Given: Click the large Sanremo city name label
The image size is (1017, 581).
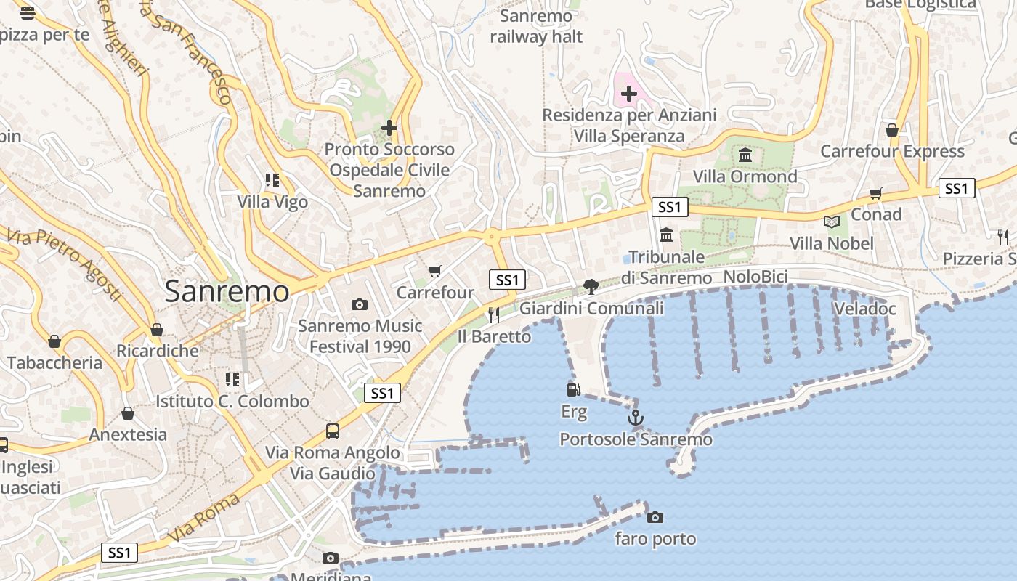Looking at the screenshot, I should tap(227, 292).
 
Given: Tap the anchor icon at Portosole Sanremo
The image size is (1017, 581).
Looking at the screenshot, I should tap(636, 418).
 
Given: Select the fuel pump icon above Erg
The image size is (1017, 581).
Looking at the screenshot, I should tap(574, 390).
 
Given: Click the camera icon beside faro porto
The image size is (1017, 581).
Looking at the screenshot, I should tap(655, 517).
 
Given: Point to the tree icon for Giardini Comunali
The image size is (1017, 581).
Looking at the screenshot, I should tap(591, 287).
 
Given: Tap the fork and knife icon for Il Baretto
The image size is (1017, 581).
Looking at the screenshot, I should tap(494, 314).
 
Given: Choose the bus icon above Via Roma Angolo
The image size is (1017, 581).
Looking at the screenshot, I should tap(333, 431).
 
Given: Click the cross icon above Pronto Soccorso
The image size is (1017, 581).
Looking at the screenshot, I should tap(389, 129).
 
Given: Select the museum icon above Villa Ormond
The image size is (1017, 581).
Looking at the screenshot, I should tap(745, 155).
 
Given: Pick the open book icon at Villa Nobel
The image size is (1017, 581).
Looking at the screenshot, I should tap(832, 222).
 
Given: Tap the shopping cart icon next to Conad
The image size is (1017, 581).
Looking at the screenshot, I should tap(876, 193).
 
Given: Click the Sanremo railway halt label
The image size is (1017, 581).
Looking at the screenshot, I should tap(536, 26).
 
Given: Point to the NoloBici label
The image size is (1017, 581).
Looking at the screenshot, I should tap(755, 277).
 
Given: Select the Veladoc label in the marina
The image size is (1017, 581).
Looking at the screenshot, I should tap(864, 309).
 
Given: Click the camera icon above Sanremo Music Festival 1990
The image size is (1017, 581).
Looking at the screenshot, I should tap(359, 305).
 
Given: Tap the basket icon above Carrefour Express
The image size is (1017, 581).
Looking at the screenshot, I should tap(892, 130).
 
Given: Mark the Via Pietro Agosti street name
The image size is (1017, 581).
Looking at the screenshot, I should tap(65, 264).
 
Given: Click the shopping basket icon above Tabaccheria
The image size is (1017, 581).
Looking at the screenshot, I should tap(54, 341).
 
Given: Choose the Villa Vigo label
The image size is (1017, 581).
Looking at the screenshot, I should tap(272, 202).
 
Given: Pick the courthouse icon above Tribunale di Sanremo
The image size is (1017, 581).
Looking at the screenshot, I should tap(666, 235).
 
